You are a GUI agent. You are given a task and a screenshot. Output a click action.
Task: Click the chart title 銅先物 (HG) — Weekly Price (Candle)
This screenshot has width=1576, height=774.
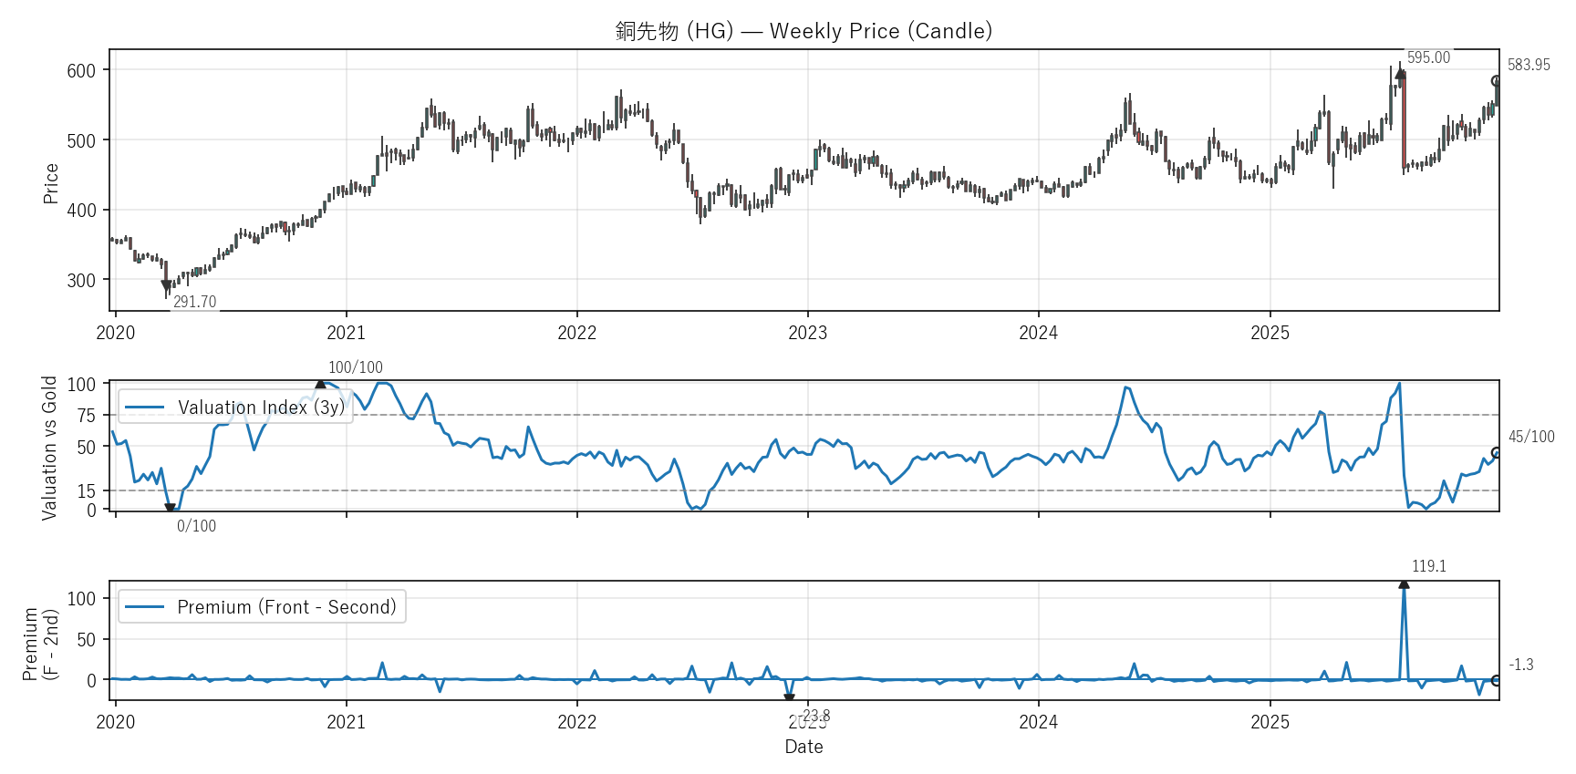pos(804,31)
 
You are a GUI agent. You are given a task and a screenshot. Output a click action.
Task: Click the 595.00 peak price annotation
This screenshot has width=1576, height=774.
pos(1428,57)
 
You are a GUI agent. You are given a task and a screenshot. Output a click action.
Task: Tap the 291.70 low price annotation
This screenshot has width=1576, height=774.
pos(194,302)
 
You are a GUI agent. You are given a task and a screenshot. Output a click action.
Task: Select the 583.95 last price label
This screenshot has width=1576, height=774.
pos(1529,65)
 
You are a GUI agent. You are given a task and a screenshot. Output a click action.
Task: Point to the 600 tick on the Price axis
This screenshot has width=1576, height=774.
pos(81,71)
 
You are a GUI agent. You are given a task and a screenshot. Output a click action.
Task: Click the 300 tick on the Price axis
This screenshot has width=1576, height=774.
pos(81,281)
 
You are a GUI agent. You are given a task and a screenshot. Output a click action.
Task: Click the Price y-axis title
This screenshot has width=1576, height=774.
pos(51,183)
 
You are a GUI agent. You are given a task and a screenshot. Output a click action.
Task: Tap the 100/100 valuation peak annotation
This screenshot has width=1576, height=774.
pos(356,367)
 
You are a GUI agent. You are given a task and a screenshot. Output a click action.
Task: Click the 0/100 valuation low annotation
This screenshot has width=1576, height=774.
pos(196,526)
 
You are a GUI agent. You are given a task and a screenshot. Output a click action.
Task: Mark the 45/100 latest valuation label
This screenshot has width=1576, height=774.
pos(1531,437)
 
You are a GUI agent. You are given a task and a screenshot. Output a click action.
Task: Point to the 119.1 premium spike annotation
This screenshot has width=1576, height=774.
pos(1429,566)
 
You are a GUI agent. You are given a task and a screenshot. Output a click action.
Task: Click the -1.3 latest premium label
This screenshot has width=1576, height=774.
pos(1521,665)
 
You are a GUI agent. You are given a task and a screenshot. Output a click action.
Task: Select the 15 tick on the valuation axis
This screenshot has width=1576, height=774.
pos(86,491)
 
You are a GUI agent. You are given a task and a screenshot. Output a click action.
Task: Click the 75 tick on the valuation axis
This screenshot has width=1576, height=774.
pos(86,416)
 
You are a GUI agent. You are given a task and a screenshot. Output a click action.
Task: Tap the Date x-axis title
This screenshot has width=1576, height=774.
pos(804,747)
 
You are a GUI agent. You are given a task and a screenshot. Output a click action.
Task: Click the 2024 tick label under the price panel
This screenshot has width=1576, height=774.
pos(1038,333)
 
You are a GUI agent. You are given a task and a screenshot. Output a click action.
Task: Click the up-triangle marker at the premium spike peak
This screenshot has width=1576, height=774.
pos(1404,583)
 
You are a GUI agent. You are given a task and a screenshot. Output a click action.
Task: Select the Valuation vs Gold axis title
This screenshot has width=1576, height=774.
pos(49,448)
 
